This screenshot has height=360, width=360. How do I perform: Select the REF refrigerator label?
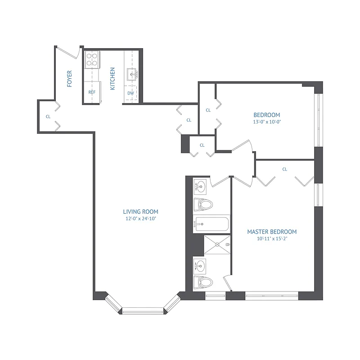point(92,92)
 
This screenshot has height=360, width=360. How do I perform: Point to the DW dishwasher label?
point(130,93)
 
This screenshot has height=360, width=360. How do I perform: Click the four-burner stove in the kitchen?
point(92,59)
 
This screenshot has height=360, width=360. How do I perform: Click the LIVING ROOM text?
point(141,211)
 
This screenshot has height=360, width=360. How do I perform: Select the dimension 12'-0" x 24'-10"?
point(141,219)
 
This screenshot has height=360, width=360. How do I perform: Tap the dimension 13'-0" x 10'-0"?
point(267,121)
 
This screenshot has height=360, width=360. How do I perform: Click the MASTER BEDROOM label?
point(272,232)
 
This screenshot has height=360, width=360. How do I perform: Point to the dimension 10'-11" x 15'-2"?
point(272,239)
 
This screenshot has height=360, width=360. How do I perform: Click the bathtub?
point(211,224)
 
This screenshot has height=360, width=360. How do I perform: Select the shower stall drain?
point(217,245)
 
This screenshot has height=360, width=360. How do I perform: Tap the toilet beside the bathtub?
point(203,205)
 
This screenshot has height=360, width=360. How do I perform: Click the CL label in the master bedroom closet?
point(284,169)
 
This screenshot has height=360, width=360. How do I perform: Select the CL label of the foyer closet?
point(48,117)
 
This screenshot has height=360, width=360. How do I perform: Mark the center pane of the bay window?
point(143,310)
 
